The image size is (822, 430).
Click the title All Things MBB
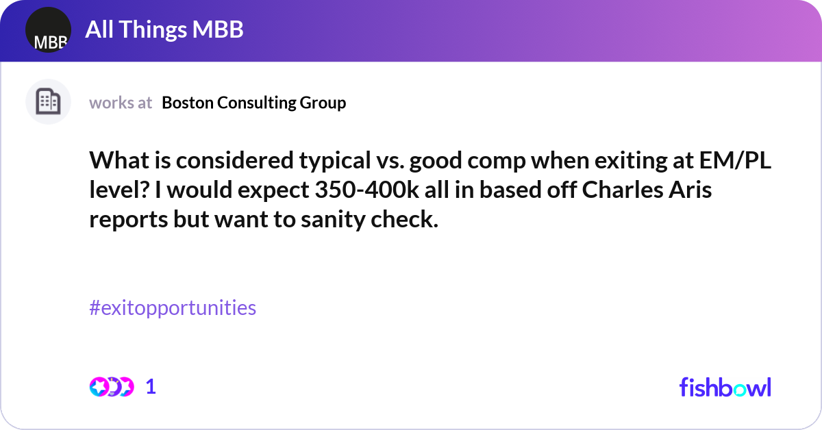pos(164,30)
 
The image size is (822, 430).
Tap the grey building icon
pos(48,102)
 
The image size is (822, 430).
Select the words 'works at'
pos(121,103)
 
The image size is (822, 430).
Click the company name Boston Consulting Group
pos(254,103)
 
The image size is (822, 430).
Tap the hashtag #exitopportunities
pos(173,308)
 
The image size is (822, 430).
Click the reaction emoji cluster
pos(111,387)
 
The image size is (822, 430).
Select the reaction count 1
pos(151,387)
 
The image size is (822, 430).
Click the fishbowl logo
pos(725,387)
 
